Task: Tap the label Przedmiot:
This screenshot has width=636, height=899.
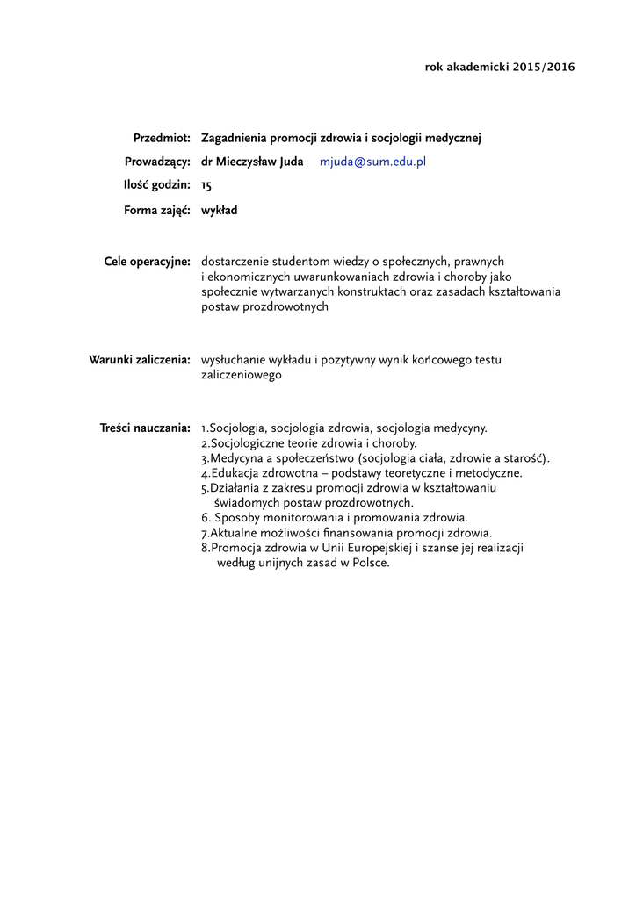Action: (162, 139)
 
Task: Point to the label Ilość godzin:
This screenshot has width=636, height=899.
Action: (156, 186)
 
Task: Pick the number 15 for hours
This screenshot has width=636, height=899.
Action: (206, 186)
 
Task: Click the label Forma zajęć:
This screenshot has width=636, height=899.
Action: (157, 211)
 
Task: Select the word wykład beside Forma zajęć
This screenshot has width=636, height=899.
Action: (220, 211)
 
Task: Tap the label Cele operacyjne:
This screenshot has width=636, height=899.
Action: (148, 262)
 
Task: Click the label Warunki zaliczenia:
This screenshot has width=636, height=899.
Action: (141, 360)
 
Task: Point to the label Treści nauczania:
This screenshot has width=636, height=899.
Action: (145, 428)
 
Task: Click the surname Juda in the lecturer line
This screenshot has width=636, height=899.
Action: (289, 162)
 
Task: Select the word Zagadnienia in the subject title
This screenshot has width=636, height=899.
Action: (234, 139)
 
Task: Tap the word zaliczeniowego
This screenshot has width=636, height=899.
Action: (242, 374)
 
